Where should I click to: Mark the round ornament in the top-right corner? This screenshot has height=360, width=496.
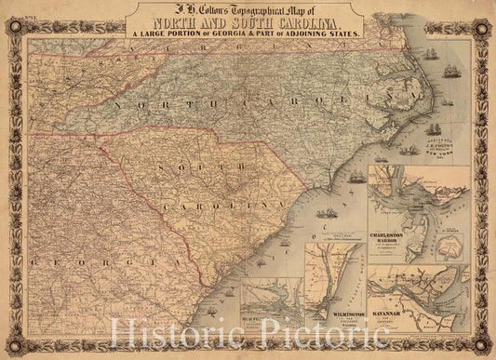click(486, 10)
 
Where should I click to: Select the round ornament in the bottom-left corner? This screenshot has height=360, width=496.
click(10, 349)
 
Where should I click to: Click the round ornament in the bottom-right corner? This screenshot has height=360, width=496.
click(486, 350)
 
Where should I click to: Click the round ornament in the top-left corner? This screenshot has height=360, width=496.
click(10, 10)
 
